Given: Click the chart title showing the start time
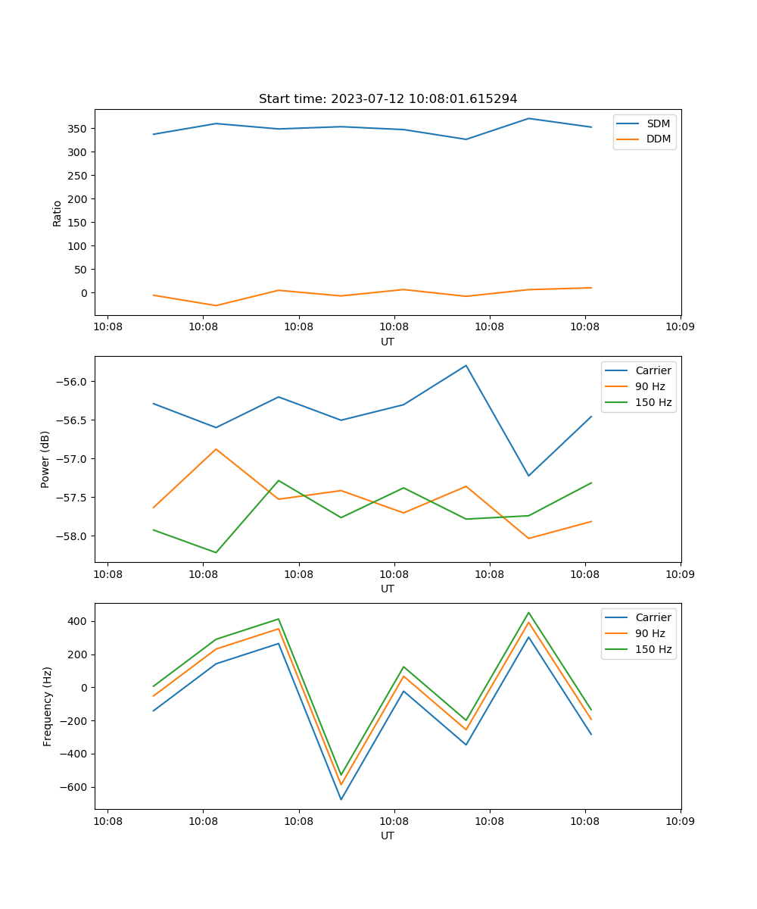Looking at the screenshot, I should [388, 99].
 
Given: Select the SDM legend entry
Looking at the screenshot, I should [658, 123].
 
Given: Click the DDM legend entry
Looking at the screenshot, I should [658, 139].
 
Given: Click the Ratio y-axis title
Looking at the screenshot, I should [58, 213].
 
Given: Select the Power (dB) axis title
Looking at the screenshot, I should [45, 459].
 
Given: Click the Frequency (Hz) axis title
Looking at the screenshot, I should [48, 706].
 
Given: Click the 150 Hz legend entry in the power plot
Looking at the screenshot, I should [653, 402].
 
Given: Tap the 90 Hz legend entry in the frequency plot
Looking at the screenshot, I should [650, 633].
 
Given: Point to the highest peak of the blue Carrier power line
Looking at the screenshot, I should [466, 365].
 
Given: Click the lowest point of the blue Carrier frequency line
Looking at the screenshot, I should [341, 799].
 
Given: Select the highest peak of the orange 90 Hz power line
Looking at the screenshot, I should [216, 449].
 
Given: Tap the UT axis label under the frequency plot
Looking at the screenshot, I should [388, 836].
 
